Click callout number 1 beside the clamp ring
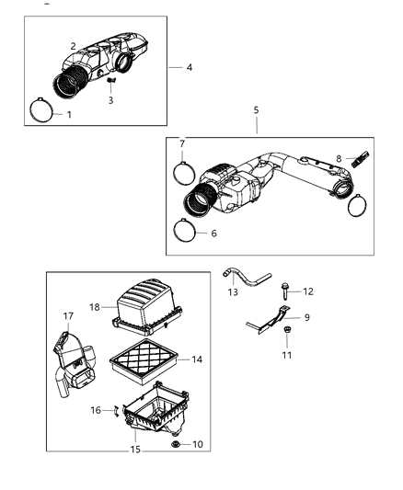68,115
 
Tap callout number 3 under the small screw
110,100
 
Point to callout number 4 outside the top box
189,67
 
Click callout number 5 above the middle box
257,109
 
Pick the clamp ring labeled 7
184,172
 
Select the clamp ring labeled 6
186,234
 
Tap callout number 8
338,158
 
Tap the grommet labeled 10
176,445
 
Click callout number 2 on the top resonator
74,45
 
